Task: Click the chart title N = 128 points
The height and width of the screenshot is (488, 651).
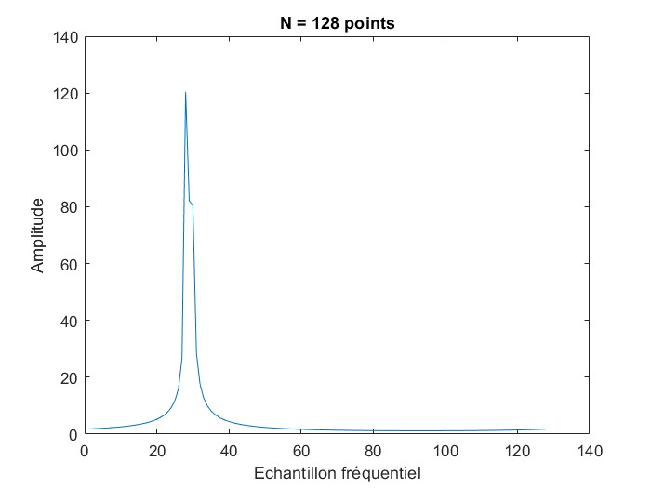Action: pyautogui.click(x=338, y=23)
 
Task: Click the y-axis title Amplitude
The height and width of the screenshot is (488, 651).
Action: pyautogui.click(x=38, y=235)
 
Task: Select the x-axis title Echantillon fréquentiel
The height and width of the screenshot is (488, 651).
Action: pyautogui.click(x=338, y=473)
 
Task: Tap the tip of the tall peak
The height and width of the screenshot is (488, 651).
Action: pyautogui.click(x=185, y=92)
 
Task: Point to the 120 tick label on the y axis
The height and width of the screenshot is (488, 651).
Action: pyautogui.click(x=66, y=94)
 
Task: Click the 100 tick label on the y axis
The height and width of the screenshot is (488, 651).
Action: pyautogui.click(x=66, y=151)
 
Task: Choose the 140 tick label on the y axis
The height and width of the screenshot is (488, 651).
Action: pyautogui.click(x=66, y=37)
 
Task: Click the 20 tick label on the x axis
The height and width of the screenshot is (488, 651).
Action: pyautogui.click(x=156, y=451)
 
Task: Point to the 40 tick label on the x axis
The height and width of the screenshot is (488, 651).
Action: pyautogui.click(x=229, y=451)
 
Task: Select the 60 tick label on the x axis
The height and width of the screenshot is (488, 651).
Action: pyautogui.click(x=300, y=451)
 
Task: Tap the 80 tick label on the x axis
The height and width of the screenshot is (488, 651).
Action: pyautogui.click(x=373, y=451)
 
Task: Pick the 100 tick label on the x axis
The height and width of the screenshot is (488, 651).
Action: pyautogui.click(x=445, y=451)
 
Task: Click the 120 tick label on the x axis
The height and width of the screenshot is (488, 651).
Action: pyautogui.click(x=517, y=451)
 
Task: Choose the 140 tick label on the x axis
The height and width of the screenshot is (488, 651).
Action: pyautogui.click(x=589, y=451)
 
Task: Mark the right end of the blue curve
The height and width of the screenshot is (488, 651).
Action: pyautogui.click(x=546, y=429)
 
